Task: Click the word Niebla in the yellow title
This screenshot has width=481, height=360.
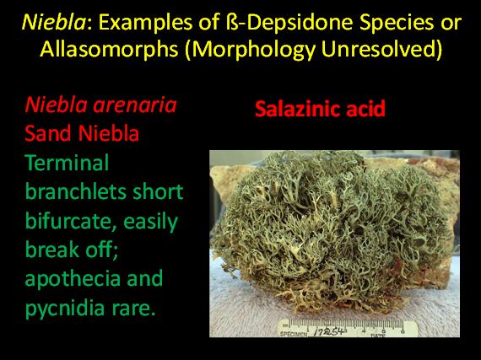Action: [x=54, y=22]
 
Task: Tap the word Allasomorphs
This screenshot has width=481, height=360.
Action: [x=109, y=49]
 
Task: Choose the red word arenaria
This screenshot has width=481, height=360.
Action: [x=135, y=105]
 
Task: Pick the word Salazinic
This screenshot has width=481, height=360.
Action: [x=298, y=109]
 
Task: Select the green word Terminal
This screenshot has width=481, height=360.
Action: [x=67, y=163]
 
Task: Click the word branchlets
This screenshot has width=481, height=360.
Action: [x=75, y=191]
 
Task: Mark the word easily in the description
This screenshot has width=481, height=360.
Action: [x=150, y=222]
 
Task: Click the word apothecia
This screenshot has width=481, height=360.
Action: [x=73, y=280]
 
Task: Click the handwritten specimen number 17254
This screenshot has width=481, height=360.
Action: [x=329, y=331]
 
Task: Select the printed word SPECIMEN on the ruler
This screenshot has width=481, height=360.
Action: [x=294, y=334]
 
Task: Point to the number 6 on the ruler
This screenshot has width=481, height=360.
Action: [x=403, y=330]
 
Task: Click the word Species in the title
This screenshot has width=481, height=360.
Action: [x=398, y=24]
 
